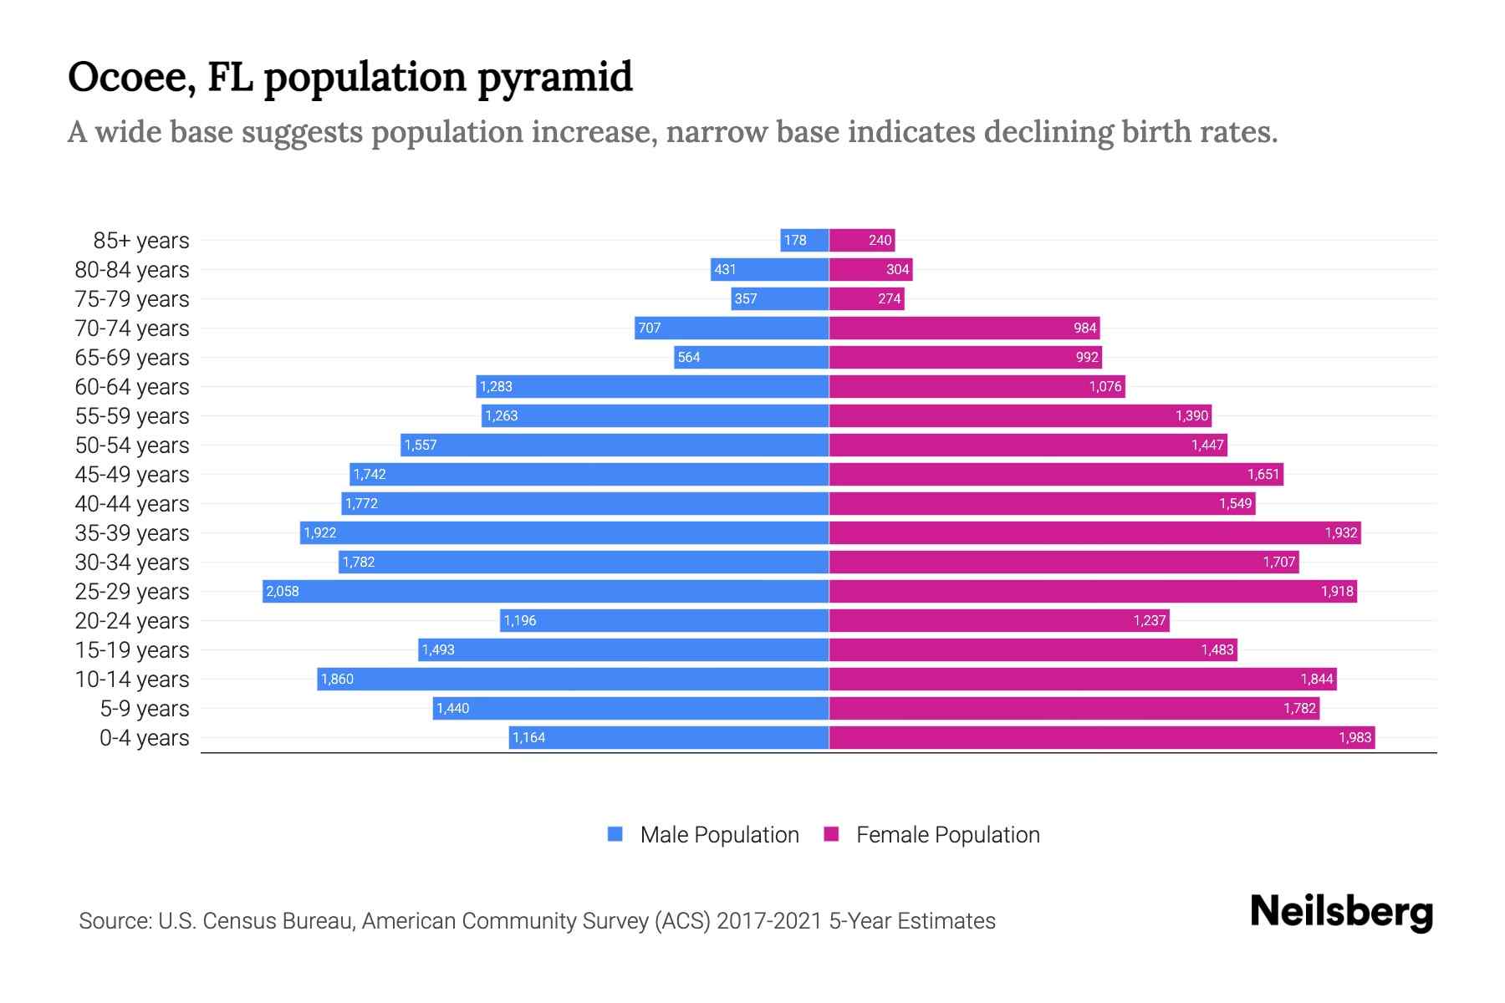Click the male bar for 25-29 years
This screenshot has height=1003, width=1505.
click(545, 592)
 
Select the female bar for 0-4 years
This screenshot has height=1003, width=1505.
click(1102, 738)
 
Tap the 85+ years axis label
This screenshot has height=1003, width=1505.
click(141, 241)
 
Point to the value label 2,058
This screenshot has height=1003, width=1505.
click(283, 592)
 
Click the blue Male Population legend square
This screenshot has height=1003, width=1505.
click(615, 834)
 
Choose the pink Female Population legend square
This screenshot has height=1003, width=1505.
click(831, 834)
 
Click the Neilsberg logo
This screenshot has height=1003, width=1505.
click(1341, 913)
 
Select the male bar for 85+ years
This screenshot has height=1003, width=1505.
click(804, 241)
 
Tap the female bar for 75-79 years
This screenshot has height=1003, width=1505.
click(866, 299)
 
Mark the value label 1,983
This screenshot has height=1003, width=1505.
click(1354, 738)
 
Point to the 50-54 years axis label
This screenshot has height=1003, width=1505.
click(132, 445)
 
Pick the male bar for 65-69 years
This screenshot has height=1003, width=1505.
click(751, 358)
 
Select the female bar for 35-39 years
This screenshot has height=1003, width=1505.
click(1094, 533)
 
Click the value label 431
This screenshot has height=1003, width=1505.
click(725, 270)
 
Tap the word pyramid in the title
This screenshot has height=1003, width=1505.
click(555, 77)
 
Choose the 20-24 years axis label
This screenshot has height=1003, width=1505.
click(132, 621)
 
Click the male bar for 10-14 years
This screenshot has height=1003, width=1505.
click(573, 680)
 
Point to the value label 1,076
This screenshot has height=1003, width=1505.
click(1105, 387)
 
